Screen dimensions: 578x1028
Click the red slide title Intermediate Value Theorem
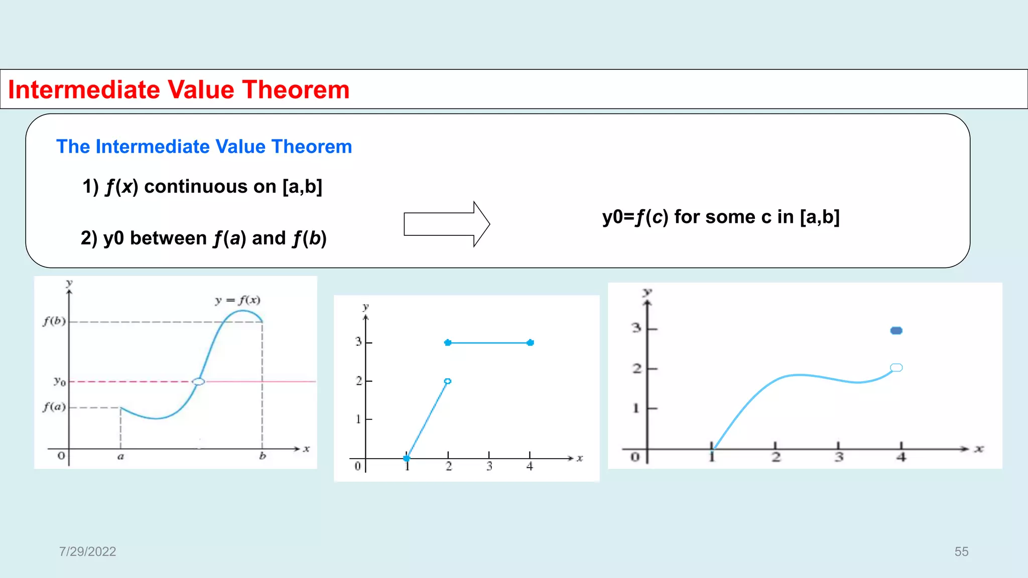coord(179,90)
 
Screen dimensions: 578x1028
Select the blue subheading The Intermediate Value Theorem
coord(204,147)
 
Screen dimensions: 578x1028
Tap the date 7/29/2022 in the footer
coord(87,551)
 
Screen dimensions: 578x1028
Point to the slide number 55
coord(961,551)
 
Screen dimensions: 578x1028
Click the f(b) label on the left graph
coord(54,321)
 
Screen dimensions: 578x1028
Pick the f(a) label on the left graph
coord(54,406)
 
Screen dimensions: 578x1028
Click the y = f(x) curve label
coord(237,300)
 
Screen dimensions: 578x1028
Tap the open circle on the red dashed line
coord(199,382)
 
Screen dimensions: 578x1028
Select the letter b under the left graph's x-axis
coord(262,456)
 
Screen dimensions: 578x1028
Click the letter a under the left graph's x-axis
coord(120,457)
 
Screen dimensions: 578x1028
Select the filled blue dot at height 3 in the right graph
coord(896,331)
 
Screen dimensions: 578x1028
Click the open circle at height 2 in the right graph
coord(896,368)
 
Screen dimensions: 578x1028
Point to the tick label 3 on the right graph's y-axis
coord(636,328)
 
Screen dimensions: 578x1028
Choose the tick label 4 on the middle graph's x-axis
coord(530,466)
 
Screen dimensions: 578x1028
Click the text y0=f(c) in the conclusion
coord(635,217)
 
